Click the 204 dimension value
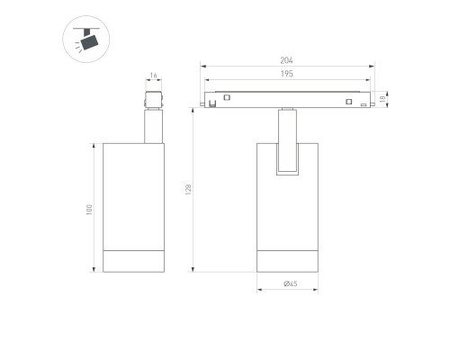tap(286, 60)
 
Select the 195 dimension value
tap(286, 74)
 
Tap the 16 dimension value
tap(153, 76)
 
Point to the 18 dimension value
tap(382, 99)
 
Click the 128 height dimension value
tap(188, 190)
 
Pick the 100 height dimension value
tap(89, 210)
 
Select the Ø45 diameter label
tap(291, 283)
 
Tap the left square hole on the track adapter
tap(227, 97)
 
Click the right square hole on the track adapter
tap(348, 102)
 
